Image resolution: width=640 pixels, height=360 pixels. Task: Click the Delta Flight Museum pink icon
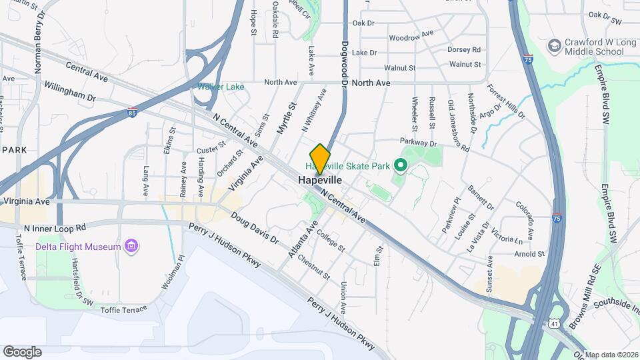tap(132, 247)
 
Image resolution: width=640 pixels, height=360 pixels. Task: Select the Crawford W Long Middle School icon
tap(553, 45)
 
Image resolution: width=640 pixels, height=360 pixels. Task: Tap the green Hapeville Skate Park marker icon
tap(401, 164)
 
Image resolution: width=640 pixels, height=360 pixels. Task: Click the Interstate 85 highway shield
tap(133, 113)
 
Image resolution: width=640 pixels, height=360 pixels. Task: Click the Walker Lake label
tap(221, 87)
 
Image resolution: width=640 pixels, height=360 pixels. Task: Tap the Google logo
tap(22, 351)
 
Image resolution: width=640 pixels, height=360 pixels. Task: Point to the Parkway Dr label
tap(418, 142)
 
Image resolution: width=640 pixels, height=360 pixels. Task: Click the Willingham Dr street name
tap(69, 92)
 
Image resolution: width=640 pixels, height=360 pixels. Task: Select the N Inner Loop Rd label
tap(55, 227)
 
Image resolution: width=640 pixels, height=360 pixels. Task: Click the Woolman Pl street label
tap(172, 275)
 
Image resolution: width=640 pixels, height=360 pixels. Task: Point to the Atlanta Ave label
tap(301, 243)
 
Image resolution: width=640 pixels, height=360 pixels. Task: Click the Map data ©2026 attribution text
tap(611, 355)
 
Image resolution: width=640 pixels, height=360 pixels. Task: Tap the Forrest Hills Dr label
tap(506, 101)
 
